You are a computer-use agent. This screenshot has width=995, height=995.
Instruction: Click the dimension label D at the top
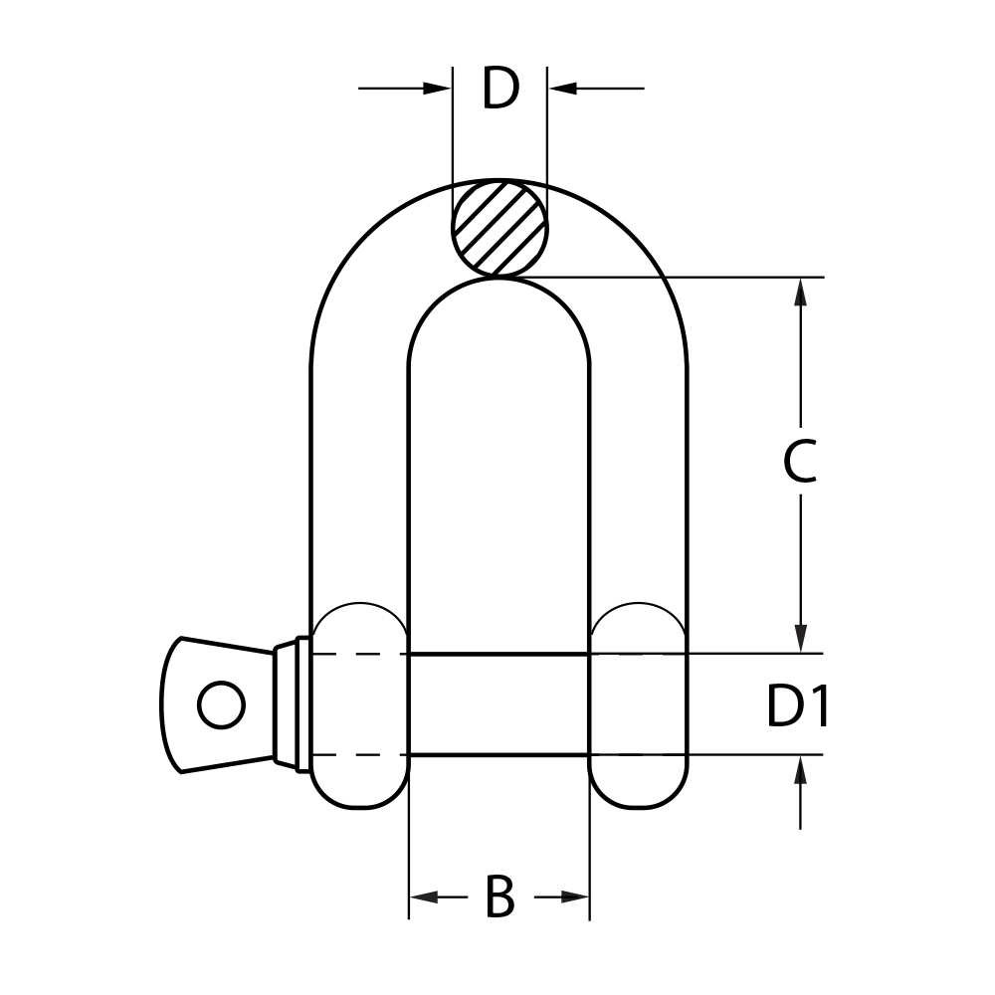click(500, 90)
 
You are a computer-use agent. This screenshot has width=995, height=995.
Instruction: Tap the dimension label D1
click(797, 707)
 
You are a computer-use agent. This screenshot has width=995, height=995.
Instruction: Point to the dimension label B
click(499, 897)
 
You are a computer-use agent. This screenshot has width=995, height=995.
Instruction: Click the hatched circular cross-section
click(499, 228)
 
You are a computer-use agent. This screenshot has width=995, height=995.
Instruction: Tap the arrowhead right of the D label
click(562, 89)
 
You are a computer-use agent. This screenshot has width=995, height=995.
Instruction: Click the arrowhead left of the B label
click(424, 897)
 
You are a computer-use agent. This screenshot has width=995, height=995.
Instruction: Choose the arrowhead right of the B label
click(575, 897)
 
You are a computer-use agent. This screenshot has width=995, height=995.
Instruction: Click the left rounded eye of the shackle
click(358, 705)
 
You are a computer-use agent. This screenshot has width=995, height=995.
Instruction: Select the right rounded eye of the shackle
click(639, 705)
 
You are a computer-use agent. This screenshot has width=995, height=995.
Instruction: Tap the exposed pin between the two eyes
click(498, 704)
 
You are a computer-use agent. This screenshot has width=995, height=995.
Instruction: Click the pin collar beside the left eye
click(290, 704)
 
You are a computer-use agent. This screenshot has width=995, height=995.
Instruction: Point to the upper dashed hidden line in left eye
click(358, 655)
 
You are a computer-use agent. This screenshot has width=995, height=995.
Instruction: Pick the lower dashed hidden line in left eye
click(358, 755)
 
